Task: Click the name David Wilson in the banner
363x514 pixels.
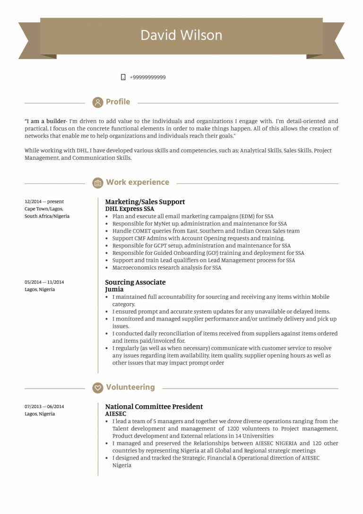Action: click(x=181, y=35)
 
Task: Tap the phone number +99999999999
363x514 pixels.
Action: click(x=147, y=78)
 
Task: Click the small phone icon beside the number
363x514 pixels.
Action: click(x=123, y=78)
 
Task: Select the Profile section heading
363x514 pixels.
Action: click(x=118, y=102)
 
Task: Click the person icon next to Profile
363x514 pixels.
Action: click(x=98, y=102)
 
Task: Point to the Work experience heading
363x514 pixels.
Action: click(x=137, y=183)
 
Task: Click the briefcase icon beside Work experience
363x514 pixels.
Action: click(x=98, y=183)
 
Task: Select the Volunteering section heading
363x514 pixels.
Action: click(x=130, y=387)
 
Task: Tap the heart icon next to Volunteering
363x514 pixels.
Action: click(x=98, y=388)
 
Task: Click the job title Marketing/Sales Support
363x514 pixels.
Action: click(x=145, y=202)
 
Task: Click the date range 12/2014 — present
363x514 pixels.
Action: click(x=44, y=201)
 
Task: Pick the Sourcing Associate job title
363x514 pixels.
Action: click(x=135, y=282)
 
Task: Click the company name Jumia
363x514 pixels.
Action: click(x=114, y=289)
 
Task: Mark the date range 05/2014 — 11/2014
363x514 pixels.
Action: click(x=44, y=282)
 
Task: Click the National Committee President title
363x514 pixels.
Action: click(x=154, y=407)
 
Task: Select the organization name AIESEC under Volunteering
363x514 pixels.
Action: click(x=116, y=414)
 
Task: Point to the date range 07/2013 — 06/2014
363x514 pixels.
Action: click(x=44, y=407)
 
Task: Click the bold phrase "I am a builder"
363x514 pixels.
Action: click(x=46, y=122)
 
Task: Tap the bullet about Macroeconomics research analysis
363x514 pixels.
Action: click(x=166, y=268)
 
